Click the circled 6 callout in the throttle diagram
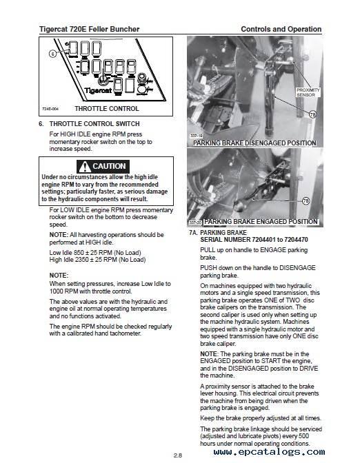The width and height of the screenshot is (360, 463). [52, 54]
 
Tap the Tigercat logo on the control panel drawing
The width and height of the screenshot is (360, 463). [98, 90]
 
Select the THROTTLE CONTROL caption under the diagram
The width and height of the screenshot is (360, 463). [107, 109]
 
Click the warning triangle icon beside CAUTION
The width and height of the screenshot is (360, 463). [85, 167]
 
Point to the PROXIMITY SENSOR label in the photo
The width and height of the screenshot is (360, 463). [308, 92]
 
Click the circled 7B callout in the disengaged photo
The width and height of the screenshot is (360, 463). [312, 114]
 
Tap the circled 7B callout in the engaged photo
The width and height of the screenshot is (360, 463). [306, 201]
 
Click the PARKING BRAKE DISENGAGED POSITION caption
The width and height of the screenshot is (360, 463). [254, 143]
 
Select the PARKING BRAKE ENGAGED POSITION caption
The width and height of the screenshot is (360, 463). [261, 222]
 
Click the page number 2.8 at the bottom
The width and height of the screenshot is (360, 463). [178, 455]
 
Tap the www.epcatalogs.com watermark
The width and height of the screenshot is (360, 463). [269, 452]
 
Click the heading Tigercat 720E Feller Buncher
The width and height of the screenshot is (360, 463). [89, 29]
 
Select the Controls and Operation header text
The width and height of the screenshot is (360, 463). [281, 29]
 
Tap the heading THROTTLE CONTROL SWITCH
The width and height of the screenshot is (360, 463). [94, 124]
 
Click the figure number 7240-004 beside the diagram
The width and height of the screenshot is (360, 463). [50, 109]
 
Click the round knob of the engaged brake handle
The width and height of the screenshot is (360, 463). [238, 206]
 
